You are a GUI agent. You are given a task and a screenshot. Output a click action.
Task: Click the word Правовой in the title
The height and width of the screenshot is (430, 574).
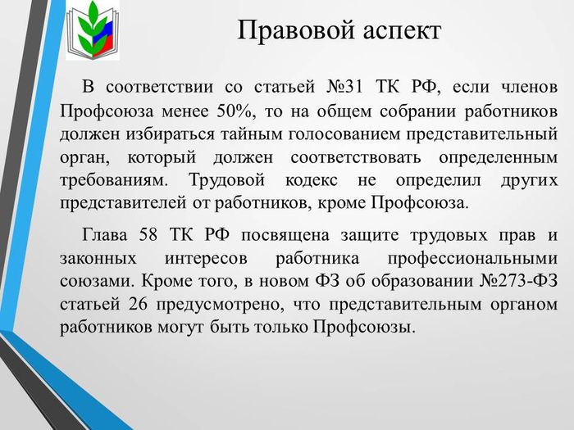(296, 30)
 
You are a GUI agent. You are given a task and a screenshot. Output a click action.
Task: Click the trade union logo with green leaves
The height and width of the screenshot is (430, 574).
(93, 31)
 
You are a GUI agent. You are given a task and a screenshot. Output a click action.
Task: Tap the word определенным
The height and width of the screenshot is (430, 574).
(499, 158)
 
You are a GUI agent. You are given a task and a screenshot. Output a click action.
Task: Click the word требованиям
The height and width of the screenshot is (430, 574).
(114, 181)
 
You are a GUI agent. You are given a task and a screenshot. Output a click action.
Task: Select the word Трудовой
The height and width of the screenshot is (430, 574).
(226, 181)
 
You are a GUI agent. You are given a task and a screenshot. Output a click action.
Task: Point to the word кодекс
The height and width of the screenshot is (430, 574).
(312, 181)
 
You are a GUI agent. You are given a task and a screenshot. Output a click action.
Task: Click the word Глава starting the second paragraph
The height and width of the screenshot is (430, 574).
(104, 235)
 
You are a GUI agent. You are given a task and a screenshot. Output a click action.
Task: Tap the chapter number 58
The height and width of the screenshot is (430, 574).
(148, 235)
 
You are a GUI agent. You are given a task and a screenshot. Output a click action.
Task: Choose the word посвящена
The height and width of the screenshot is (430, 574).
(285, 236)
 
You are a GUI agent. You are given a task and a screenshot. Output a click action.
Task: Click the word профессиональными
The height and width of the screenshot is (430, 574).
(472, 259)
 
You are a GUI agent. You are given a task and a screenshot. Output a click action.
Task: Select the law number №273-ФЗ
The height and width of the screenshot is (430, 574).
(518, 281)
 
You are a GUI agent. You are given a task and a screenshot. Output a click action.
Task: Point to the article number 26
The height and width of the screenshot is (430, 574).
(138, 304)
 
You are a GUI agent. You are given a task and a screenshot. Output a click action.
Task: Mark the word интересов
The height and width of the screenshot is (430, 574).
(206, 259)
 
